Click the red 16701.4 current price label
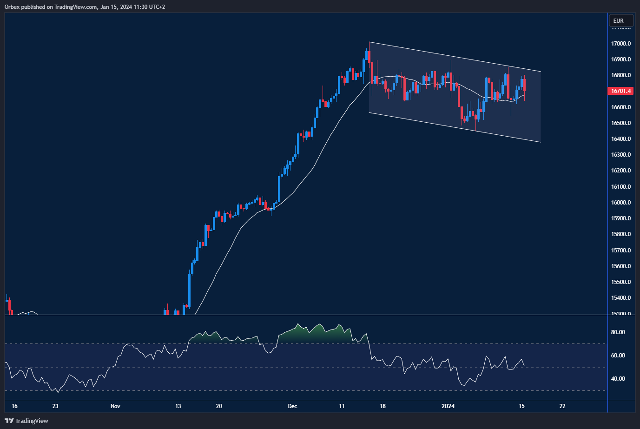pos(621,91)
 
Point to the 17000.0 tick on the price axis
pos(621,44)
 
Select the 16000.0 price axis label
pos(621,203)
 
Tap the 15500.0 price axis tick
pos(621,282)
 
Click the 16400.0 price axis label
pos(621,139)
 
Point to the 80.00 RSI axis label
pos(618,332)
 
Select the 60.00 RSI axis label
pos(618,356)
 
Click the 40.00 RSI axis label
pos(618,379)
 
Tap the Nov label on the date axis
pos(115,406)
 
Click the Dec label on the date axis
pos(292,406)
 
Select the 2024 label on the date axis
pos(448,406)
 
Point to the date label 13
pos(178,406)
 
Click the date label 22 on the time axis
pos(562,406)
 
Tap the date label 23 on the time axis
pos(55,406)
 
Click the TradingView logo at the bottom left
pos(26,421)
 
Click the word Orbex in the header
pos(13,7)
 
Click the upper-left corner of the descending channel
pos(369,42)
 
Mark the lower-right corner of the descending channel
pos(541,142)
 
